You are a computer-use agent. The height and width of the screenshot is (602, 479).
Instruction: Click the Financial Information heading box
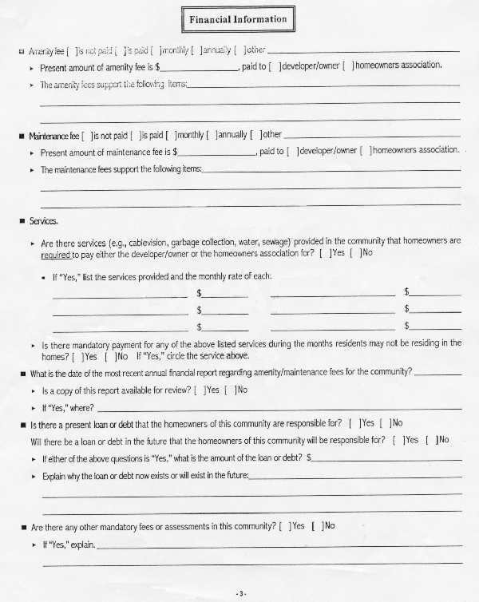click(237, 19)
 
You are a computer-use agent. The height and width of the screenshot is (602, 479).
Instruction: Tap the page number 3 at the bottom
click(241, 593)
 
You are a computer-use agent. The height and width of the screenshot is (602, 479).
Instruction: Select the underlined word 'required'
click(56, 255)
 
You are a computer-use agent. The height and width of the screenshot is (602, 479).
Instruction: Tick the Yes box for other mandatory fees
click(285, 526)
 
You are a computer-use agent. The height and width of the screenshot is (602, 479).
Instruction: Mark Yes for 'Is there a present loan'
click(354, 423)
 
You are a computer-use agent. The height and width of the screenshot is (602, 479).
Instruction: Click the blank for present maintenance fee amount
click(216, 150)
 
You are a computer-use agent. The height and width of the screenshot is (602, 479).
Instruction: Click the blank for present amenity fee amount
click(200, 66)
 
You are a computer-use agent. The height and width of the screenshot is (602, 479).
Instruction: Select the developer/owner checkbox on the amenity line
click(276, 66)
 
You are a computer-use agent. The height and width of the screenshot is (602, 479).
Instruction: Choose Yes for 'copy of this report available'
click(199, 390)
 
